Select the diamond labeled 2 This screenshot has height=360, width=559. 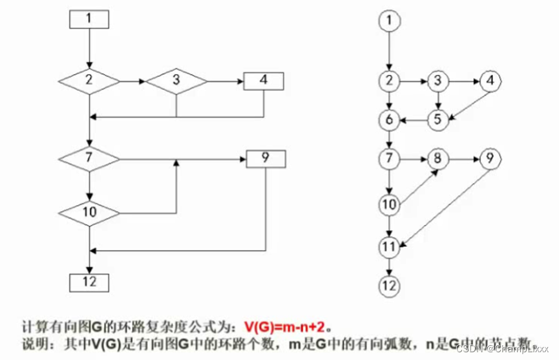[x=89, y=81]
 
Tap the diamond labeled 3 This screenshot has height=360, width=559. [x=176, y=81]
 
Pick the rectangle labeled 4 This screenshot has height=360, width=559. [x=263, y=81]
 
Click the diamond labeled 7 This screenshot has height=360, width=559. [x=89, y=158]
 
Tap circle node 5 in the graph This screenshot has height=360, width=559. [x=439, y=120]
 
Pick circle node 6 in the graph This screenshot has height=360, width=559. [x=388, y=120]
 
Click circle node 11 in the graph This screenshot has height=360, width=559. [x=388, y=246]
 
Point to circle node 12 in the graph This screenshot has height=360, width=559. [x=388, y=284]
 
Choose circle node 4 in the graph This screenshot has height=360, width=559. [x=490, y=81]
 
